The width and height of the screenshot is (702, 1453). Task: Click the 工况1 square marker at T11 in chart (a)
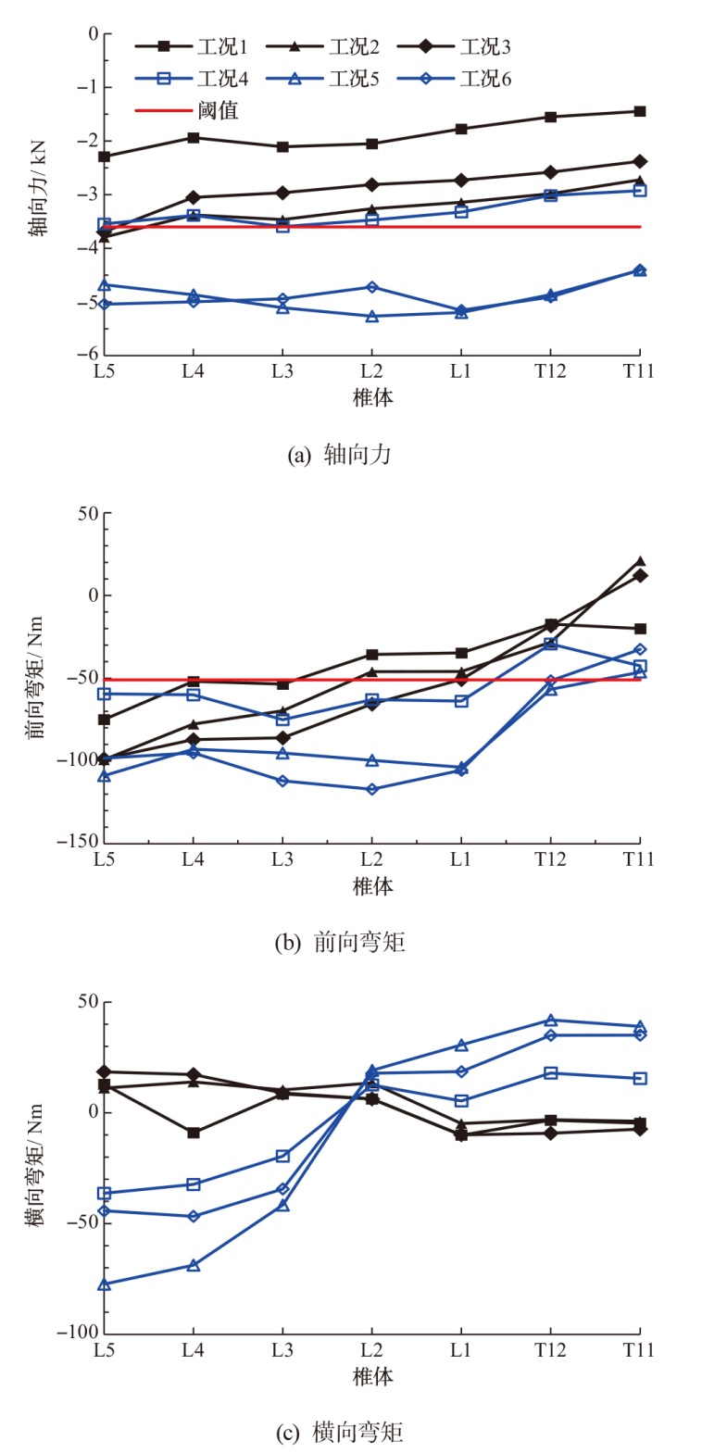[x=640, y=111]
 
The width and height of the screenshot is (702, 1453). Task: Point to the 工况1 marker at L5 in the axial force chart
[x=105, y=157]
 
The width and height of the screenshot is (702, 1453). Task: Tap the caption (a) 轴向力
[x=341, y=455]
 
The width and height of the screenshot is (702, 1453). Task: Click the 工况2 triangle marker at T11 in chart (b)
[x=640, y=561]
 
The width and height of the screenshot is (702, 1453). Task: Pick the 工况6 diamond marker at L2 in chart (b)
[x=372, y=789]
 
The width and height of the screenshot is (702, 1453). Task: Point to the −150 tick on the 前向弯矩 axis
[x=78, y=842]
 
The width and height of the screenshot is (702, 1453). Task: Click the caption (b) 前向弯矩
[x=341, y=943]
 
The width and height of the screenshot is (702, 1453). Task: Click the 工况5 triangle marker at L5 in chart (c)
[x=105, y=1284]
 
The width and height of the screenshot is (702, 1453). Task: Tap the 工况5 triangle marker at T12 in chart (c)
[x=551, y=1021]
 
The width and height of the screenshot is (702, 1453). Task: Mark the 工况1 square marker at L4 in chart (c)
[x=194, y=1133]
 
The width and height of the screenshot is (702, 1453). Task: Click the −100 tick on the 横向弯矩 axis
[x=78, y=1332]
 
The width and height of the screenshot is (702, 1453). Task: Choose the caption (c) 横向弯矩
[x=341, y=1432]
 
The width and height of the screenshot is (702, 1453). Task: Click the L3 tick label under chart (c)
[x=282, y=1350]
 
